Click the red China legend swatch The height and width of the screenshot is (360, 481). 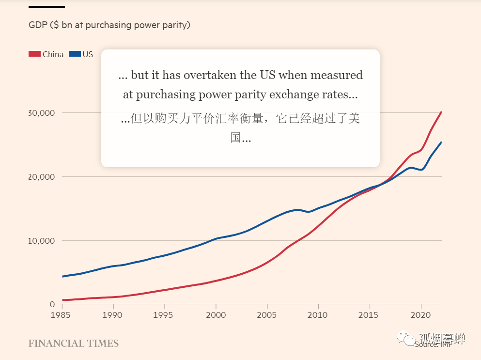34,54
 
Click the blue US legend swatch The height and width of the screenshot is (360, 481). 75,54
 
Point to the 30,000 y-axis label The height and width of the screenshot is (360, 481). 42,113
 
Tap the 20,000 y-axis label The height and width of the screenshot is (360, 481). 42,177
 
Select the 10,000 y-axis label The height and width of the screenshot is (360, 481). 42,241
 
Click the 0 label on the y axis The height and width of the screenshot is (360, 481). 52,304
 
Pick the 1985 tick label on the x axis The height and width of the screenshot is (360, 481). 62,315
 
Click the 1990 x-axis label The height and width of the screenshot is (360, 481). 113,315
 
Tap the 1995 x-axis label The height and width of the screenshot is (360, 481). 165,315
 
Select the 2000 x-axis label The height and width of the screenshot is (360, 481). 216,315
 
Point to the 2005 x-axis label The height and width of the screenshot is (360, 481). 267,315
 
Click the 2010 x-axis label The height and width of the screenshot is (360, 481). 318,315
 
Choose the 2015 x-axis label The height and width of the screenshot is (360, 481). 370,315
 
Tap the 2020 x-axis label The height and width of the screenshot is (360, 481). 420,315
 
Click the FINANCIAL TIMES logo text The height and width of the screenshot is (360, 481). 74,344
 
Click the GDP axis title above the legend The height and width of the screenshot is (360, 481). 109,25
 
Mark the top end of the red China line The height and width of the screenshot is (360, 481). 441,112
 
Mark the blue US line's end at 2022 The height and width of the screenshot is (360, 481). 441,142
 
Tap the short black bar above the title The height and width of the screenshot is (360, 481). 47,7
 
